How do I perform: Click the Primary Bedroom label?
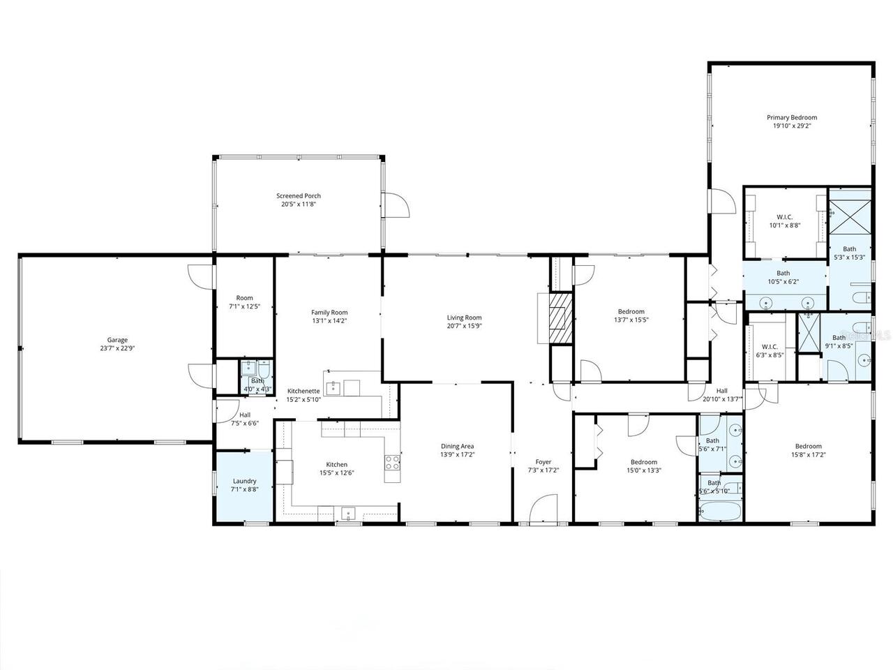tap(792, 118)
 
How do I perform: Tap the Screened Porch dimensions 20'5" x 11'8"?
tap(298, 205)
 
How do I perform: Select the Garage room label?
tap(117, 340)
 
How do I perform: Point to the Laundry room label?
tap(244, 481)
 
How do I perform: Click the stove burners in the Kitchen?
tap(393, 461)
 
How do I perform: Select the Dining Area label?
tap(457, 446)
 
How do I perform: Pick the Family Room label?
tap(329, 312)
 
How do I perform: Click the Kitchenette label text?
tap(303, 391)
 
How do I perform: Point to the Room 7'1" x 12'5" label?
tap(244, 298)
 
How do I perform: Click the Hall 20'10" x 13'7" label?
tap(721, 391)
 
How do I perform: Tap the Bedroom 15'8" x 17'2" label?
tap(808, 446)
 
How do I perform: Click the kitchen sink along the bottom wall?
tap(348, 514)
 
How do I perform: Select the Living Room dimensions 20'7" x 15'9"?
tap(464, 326)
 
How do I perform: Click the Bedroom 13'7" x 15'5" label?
tap(631, 311)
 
